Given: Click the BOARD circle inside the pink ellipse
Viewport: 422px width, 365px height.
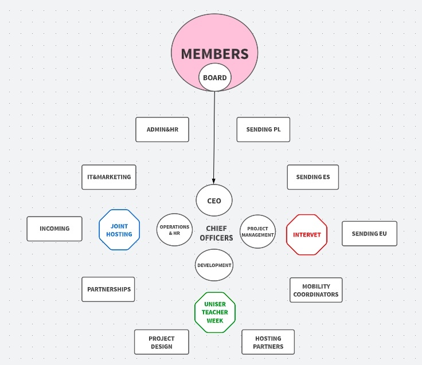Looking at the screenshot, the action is pyautogui.click(x=215, y=77).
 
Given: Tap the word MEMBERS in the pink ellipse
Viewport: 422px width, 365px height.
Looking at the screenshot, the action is pyautogui.click(x=215, y=54).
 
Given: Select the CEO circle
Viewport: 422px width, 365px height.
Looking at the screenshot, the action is pyautogui.click(x=214, y=201).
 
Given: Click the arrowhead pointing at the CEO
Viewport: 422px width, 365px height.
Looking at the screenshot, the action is pyautogui.click(x=214, y=181).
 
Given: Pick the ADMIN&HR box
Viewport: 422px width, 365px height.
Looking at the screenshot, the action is pyautogui.click(x=162, y=129).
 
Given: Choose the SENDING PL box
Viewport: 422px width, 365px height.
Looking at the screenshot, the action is pyautogui.click(x=263, y=129).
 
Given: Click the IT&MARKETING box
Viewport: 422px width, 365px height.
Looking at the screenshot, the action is pyautogui.click(x=109, y=177).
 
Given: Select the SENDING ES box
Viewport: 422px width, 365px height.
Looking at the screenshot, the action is pyautogui.click(x=312, y=177).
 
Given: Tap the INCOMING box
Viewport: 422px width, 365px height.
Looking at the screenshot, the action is pyautogui.click(x=54, y=229).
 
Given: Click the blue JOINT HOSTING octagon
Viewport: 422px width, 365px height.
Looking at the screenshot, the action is pyautogui.click(x=119, y=230).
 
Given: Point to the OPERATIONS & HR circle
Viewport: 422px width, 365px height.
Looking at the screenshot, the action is pyautogui.click(x=174, y=230).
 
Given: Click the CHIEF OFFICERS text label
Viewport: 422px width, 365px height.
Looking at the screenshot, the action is pyautogui.click(x=216, y=233).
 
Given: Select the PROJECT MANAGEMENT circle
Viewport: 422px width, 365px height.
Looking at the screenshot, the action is pyautogui.click(x=257, y=231).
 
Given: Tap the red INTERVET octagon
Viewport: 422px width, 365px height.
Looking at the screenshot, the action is pyautogui.click(x=307, y=234).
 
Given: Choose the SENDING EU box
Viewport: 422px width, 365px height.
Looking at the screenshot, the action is pyautogui.click(x=369, y=233).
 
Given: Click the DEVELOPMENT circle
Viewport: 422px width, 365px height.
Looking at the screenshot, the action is pyautogui.click(x=214, y=265).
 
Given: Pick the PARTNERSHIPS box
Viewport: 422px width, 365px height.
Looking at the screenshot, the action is pyautogui.click(x=108, y=289).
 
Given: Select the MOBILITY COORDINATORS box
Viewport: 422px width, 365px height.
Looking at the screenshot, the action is pyautogui.click(x=316, y=290).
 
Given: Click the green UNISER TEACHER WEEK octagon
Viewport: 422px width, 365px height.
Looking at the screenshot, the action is pyautogui.click(x=215, y=312).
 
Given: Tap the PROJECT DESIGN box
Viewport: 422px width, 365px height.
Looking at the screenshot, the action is pyautogui.click(x=162, y=342).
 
